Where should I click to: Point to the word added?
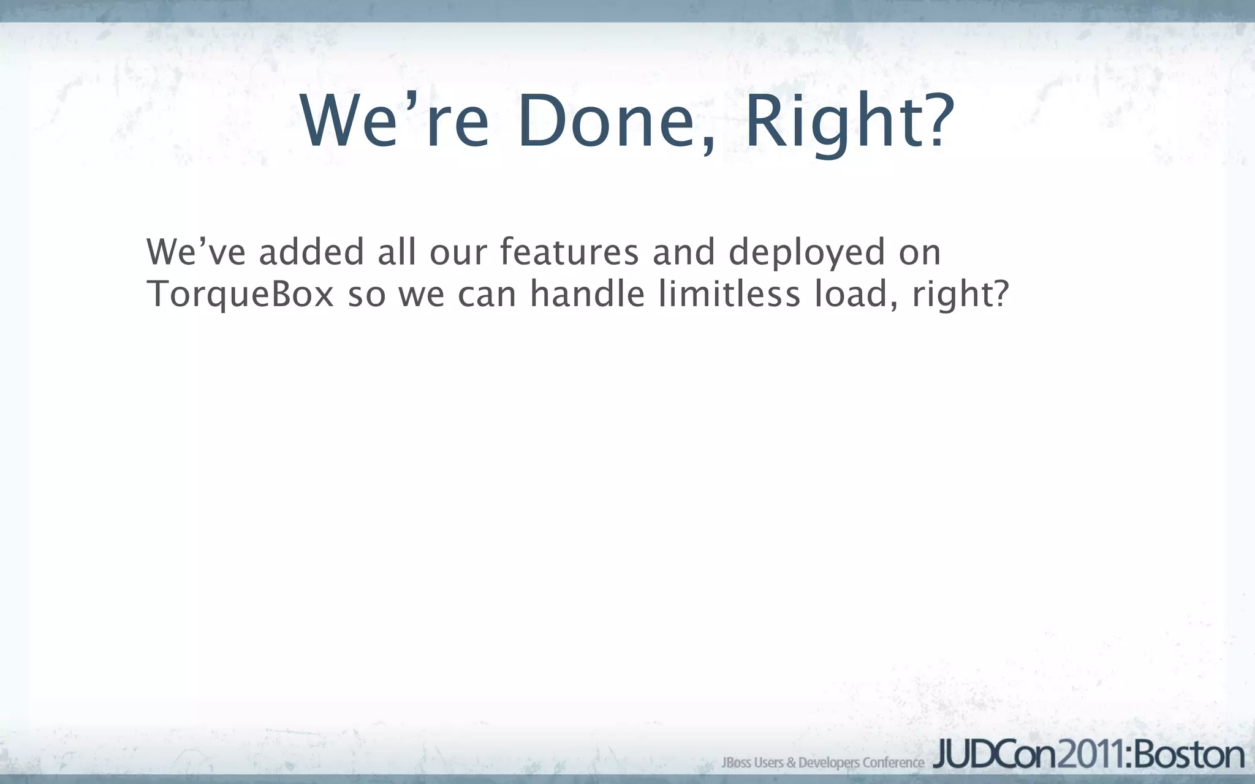(311, 252)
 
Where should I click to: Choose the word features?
(569, 252)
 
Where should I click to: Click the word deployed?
(806, 252)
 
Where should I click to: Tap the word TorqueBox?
(241, 294)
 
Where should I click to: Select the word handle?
(587, 294)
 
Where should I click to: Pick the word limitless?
(729, 294)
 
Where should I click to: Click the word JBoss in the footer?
(736, 763)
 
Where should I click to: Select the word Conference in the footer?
(893, 763)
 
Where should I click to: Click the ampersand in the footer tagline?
(791, 763)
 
